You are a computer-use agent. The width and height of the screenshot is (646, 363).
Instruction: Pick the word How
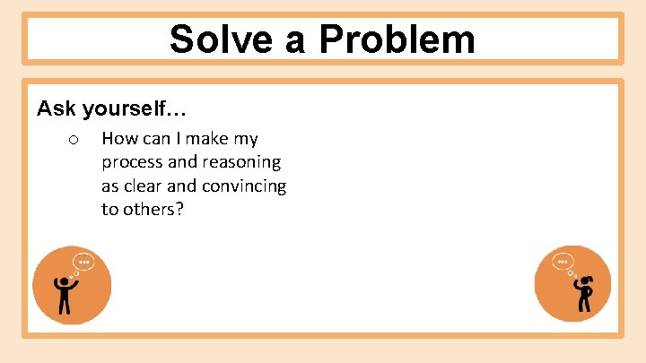click(x=118, y=139)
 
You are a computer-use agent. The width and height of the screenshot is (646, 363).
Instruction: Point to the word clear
click(x=144, y=186)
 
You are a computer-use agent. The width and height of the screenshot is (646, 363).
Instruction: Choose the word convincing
click(x=244, y=186)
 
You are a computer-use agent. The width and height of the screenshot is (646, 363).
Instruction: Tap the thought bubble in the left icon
click(x=83, y=263)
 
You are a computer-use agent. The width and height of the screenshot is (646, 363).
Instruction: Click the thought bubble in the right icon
click(x=563, y=264)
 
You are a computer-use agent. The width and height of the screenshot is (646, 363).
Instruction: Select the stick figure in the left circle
click(x=65, y=294)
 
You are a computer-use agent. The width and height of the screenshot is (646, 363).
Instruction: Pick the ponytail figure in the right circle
click(x=584, y=293)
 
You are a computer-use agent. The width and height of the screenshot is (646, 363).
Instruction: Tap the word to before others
click(x=109, y=210)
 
